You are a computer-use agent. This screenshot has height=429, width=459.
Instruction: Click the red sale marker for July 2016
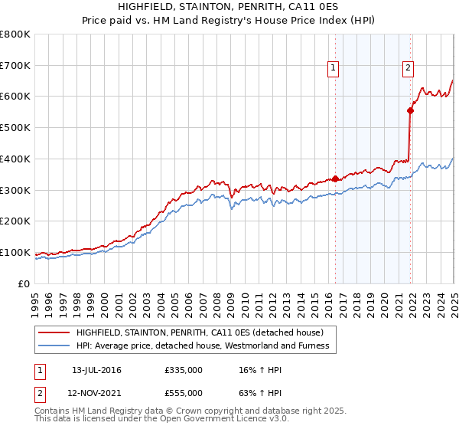coord(335,178)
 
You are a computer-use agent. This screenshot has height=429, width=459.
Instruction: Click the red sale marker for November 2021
coord(410,110)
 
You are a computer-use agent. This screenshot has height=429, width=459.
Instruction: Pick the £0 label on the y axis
coord(24,283)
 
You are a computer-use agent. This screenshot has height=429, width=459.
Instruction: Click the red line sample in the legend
coord(54,332)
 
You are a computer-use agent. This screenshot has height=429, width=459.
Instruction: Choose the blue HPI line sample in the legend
coord(54,345)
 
